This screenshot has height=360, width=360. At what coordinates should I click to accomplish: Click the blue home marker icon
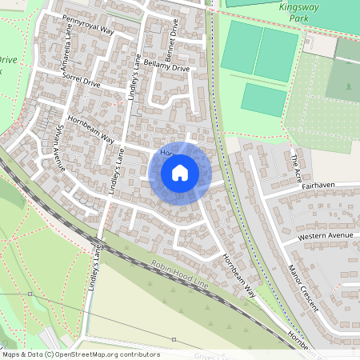point(180,172)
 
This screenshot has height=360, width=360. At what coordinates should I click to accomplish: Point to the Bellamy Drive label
point(169,69)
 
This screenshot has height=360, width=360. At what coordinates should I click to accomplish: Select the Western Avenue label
point(325,237)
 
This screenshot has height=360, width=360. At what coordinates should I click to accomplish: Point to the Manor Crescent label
point(303,288)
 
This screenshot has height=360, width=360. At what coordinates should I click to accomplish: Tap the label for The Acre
point(298,166)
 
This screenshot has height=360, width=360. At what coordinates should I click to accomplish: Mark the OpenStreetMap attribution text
point(81,354)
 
